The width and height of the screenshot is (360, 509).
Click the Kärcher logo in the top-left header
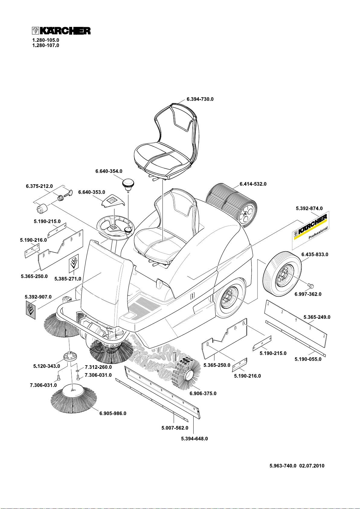[61, 31]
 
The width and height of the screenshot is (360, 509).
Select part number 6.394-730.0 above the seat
[200, 99]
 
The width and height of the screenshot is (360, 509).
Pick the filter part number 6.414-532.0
[253, 184]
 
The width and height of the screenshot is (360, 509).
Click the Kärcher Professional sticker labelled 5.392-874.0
[310, 230]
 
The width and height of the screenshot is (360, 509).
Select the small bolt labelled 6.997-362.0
[311, 285]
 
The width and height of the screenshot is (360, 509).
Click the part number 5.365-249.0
[317, 317]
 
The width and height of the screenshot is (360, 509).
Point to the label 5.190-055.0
[308, 359]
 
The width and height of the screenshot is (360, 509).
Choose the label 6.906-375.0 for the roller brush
[203, 394]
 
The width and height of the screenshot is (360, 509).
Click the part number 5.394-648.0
[194, 439]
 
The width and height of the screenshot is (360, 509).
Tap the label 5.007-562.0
[175, 428]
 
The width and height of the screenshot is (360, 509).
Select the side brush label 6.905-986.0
[113, 413]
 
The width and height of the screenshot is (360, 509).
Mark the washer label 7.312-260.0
[98, 367]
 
